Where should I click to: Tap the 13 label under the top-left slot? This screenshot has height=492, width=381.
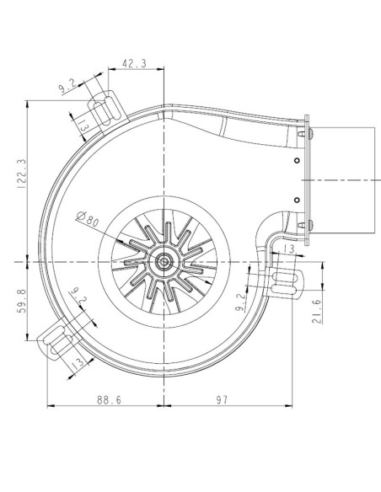(83, 126)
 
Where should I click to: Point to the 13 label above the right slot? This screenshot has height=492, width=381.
(288, 250)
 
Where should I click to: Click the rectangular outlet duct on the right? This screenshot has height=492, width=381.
(344, 179)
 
